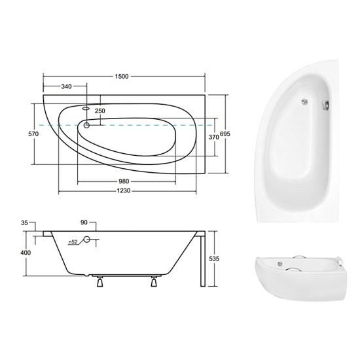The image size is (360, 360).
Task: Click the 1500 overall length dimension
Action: pos(122,77)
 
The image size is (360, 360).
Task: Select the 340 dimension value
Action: pos(66,86)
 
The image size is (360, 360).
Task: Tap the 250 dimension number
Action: pos(100,111)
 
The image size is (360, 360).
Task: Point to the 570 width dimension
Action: pos(33,134)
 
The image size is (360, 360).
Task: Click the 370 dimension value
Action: pos(214,137)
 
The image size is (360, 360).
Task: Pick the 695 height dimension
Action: pos(225,134)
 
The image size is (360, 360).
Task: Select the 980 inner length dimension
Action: pos(124,181)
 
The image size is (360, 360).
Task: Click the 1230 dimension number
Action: pos(124,190)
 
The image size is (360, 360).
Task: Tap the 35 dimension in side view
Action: pos(24,223)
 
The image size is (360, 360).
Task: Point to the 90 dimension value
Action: pos(84,223)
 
